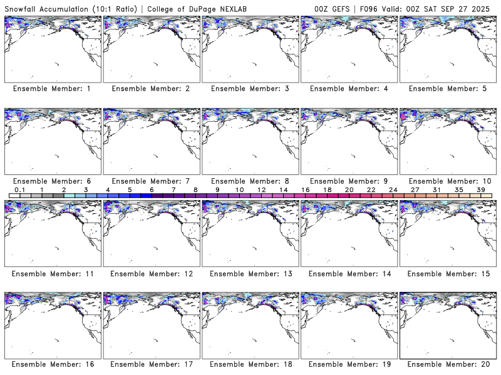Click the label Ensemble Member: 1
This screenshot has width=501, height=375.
click(x=51, y=89)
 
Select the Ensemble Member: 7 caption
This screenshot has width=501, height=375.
click(x=150, y=181)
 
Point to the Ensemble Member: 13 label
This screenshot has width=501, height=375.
click(x=249, y=274)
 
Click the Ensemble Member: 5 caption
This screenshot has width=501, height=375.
click(x=447, y=89)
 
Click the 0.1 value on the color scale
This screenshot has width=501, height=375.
click(x=19, y=189)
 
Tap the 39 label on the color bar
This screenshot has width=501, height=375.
click(x=480, y=189)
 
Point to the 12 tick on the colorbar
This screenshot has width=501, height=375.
click(x=261, y=189)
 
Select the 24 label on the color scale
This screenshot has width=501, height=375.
click(x=393, y=189)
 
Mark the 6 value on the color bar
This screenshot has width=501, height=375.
click(x=152, y=189)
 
